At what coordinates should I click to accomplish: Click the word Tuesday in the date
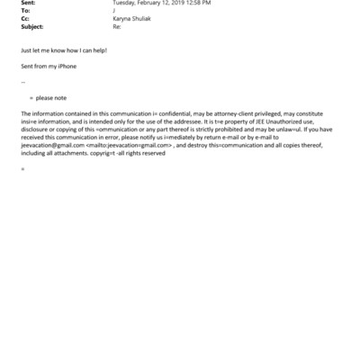point(124,4)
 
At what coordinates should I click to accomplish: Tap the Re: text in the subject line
point(115,25)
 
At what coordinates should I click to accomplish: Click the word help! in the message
point(98,50)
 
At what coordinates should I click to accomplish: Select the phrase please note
point(50,97)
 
